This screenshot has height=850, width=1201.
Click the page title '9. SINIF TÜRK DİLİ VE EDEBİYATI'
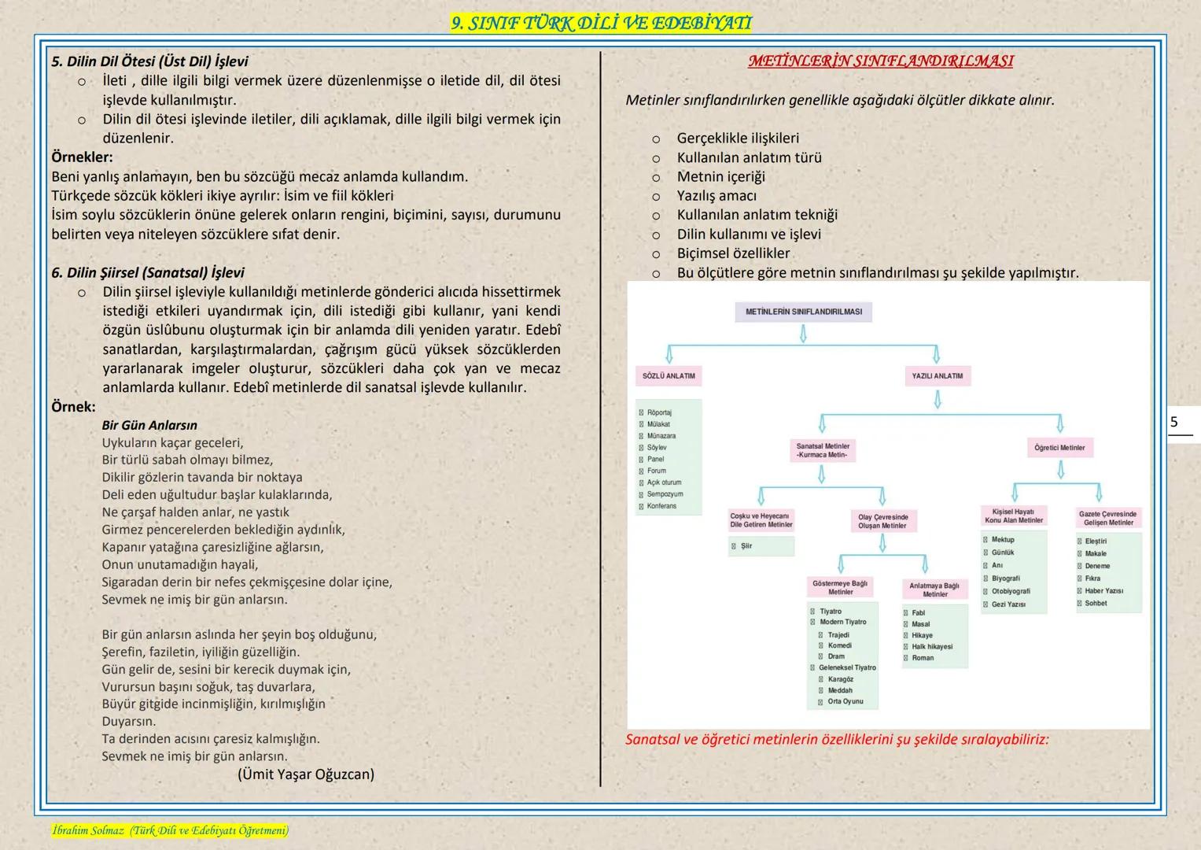tap(601, 24)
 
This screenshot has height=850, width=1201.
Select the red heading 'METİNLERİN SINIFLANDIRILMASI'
tap(880, 61)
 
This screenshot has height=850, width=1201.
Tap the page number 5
tap(1174, 422)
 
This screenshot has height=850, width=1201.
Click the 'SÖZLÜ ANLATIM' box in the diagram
tap(669, 376)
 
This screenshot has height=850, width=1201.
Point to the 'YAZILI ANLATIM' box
tap(937, 376)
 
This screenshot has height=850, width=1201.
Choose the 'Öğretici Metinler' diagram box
tap(1059, 448)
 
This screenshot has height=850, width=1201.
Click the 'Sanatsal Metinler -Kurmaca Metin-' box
tap(822, 450)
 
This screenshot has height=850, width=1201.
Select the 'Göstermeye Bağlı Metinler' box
tap(840, 588)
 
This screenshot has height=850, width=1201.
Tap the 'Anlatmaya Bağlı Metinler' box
tap(934, 589)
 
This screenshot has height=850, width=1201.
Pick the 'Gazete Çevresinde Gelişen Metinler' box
tap(1107, 518)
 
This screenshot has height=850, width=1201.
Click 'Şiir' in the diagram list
tap(746, 546)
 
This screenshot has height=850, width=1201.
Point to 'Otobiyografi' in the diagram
tap(1011, 591)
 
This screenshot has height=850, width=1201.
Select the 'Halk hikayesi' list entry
tap(932, 647)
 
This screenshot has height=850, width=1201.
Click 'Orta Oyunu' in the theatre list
tap(845, 701)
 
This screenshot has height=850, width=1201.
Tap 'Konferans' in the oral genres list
tap(661, 506)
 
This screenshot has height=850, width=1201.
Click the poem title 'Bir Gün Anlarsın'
tap(149, 426)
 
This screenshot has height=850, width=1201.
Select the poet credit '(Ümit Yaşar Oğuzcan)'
tap(306, 774)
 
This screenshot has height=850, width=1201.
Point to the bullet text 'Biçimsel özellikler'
tap(733, 253)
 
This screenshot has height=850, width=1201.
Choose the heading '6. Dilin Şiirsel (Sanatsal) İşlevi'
tap(148, 273)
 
